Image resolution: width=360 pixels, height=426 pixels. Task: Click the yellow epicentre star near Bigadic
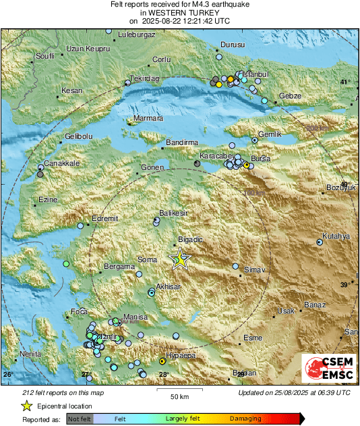pos(180,260)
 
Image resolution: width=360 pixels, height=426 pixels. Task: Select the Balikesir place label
pos(172,212)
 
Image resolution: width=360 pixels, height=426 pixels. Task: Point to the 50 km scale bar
pos(179,391)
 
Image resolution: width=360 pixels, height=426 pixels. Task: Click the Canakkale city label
pos(63,163)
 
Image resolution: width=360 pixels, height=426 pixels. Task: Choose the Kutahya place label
pos(336,236)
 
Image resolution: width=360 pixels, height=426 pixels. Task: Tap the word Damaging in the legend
pos(245,419)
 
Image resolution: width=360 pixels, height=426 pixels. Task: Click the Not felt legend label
pos(80,419)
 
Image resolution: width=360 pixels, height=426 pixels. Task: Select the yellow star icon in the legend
pos(26,406)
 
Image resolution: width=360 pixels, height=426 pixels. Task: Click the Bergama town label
pos(119,267)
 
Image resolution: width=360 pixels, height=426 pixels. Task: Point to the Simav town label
pos(254,270)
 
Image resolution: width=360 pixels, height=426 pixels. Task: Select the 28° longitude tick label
pos(164,374)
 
